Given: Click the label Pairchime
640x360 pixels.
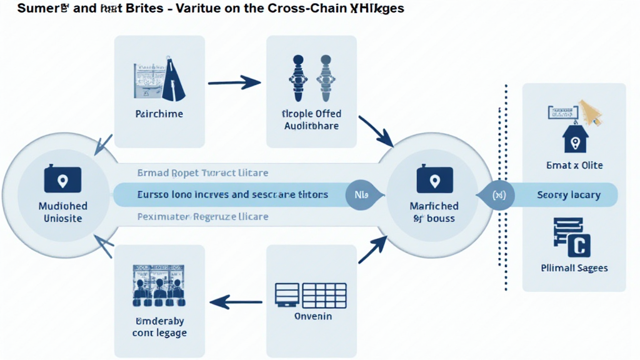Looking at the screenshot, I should pos(159,114).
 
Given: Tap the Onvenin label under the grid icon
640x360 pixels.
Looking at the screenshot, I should pos(312,316).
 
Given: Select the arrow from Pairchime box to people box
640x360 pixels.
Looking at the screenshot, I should pos(234,81).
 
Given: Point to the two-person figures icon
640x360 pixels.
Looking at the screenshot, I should pos(311,78).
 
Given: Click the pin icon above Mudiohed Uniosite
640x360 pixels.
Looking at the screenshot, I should pos(62,181).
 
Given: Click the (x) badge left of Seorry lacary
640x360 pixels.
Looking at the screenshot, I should pos(497,195).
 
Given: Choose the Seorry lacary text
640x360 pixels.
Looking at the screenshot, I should pos(569,196).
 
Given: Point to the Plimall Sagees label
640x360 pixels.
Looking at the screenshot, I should pos(574,268).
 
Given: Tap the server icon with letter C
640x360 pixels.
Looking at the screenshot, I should pos(571,237).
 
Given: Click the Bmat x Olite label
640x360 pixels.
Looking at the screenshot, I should pos(574,166).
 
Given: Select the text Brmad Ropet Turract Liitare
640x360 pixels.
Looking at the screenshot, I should pos(203,173).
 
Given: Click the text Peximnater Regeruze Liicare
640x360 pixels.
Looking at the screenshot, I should pos(202,216).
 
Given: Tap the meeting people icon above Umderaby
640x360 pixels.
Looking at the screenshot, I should pos(159,286).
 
